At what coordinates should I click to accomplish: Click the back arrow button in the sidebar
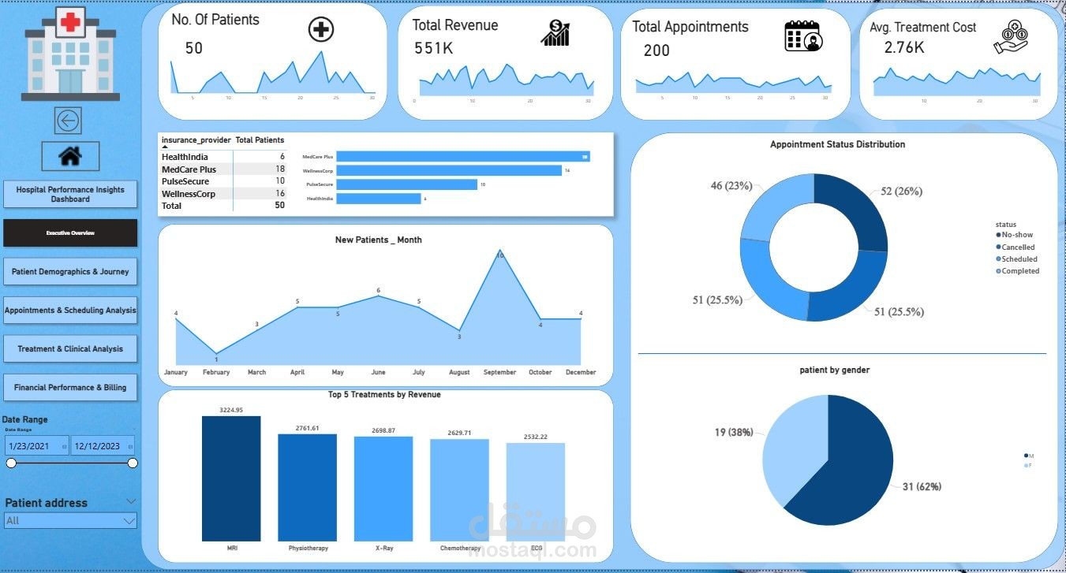(68, 121)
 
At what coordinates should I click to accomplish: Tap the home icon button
(70, 157)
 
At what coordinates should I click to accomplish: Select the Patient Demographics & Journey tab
(70, 271)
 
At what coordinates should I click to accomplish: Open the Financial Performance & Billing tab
(70, 387)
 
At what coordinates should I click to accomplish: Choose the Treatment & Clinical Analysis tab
(70, 348)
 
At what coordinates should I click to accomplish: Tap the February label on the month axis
(216, 372)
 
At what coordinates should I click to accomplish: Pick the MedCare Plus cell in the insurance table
(189, 169)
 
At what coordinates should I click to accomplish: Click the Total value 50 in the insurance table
(279, 206)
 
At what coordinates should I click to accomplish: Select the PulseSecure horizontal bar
(406, 184)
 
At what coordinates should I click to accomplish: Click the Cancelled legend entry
(1018, 247)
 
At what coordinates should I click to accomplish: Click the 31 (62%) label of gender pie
(922, 486)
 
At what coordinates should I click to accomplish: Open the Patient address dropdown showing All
(70, 520)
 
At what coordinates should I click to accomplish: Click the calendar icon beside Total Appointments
(803, 36)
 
